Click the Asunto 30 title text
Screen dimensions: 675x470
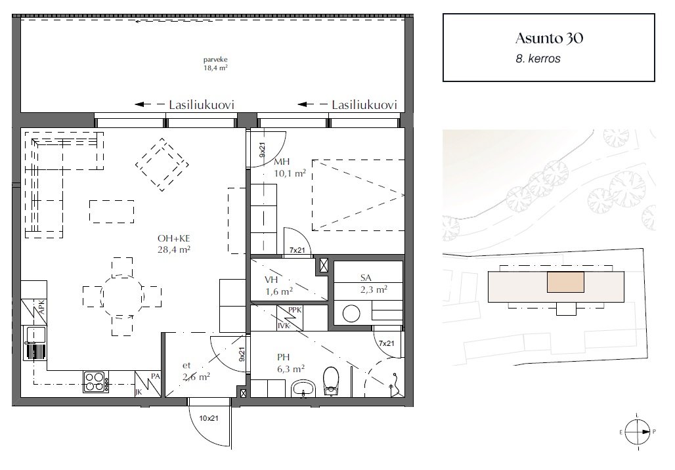point(550,38)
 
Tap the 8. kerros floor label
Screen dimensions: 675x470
point(538,58)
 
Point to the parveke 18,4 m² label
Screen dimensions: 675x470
point(215,64)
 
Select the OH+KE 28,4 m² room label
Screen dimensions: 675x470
point(174,244)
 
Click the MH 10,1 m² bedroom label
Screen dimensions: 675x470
point(290,167)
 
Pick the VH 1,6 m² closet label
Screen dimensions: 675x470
point(279,286)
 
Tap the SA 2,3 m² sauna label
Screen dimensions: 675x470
point(374,284)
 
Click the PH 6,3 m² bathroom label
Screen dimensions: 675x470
point(291,362)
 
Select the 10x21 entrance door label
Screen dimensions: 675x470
point(208,418)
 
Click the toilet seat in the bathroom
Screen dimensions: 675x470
point(331,381)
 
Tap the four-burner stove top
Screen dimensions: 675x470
point(96,382)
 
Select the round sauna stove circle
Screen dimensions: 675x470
point(351,313)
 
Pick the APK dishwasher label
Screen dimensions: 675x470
point(41,307)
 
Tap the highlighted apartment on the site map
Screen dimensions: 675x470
point(565,282)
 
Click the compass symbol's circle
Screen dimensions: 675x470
point(637,432)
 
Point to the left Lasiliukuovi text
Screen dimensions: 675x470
point(202,104)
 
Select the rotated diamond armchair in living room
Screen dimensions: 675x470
point(162,164)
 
